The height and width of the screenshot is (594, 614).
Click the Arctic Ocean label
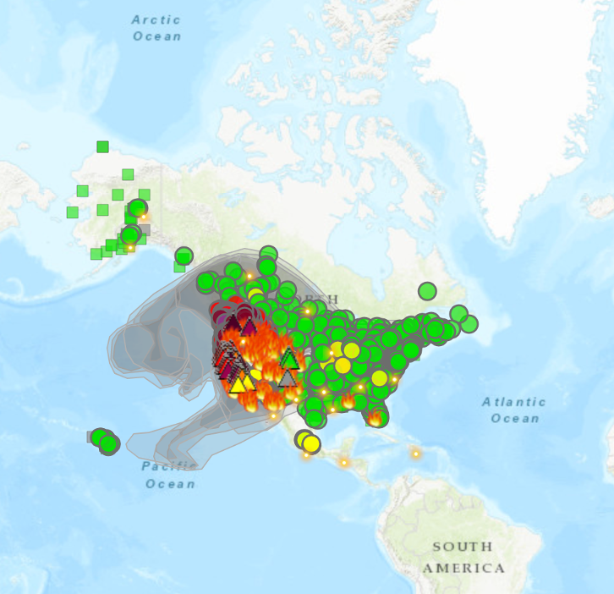point(157,27)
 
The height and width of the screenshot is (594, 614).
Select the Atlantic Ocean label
point(514,410)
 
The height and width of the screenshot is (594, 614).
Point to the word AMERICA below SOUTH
point(464,567)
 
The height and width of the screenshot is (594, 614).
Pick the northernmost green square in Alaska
point(102,146)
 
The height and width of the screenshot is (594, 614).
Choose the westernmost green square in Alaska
point(73,212)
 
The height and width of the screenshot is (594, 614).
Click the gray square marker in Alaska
point(145,229)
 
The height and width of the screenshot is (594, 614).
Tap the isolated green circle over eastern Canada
point(427,291)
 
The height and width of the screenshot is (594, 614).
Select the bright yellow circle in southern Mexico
point(310,443)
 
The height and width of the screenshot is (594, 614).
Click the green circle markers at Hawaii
point(104,440)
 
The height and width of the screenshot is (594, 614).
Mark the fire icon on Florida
point(375,417)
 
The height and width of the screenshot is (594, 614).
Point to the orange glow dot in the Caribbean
point(415,454)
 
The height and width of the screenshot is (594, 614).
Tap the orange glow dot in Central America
point(344,462)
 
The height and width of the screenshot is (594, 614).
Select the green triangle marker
point(289,358)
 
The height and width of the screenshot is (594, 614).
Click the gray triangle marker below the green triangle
point(288,377)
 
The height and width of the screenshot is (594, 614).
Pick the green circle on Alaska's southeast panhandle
point(184,256)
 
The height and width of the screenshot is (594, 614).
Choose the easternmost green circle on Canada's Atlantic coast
point(469,323)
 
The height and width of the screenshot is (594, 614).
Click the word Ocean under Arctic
point(157,36)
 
